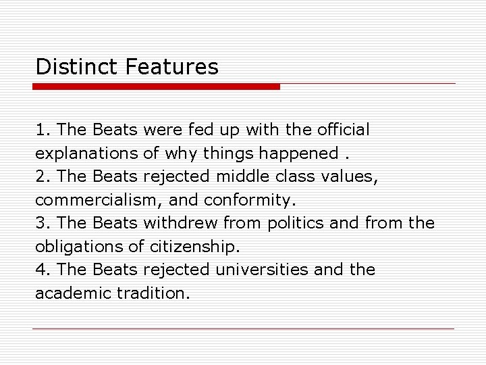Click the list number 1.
coord(41,128)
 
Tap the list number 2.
coord(42,176)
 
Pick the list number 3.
coord(42,223)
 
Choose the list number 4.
coord(42,270)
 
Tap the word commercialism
coord(101,199)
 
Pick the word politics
coord(293,223)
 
